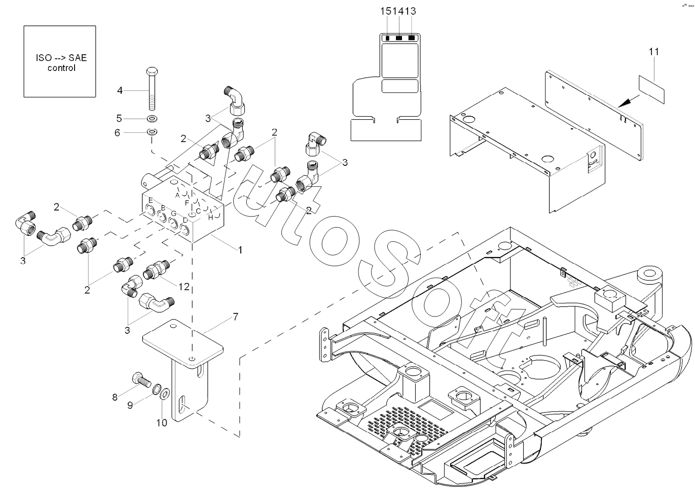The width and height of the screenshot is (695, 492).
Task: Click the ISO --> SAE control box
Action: (x=60, y=61)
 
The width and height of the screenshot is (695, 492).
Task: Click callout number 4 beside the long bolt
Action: (x=120, y=91)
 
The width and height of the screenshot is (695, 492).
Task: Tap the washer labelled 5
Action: (x=152, y=119)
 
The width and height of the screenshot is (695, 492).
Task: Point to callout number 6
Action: (x=118, y=132)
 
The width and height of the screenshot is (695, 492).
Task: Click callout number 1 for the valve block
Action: (x=240, y=250)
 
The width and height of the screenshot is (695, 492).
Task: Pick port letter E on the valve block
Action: (x=151, y=200)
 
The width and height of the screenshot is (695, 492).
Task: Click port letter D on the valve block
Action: (x=185, y=220)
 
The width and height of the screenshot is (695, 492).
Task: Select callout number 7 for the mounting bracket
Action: (x=235, y=317)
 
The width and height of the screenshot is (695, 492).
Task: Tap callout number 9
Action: (x=130, y=405)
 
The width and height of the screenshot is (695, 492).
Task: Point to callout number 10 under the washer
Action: (x=161, y=423)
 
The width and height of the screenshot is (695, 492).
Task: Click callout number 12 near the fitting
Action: (x=184, y=287)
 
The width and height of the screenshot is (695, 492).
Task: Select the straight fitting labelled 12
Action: (x=156, y=270)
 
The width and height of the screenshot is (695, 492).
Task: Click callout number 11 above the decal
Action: (x=654, y=51)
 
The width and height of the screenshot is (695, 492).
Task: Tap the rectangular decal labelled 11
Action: (x=651, y=89)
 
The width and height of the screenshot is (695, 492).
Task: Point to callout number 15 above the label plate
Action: (x=387, y=11)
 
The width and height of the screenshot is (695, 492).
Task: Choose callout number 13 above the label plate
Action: (x=411, y=11)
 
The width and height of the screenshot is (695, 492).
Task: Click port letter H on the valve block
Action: (x=210, y=218)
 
